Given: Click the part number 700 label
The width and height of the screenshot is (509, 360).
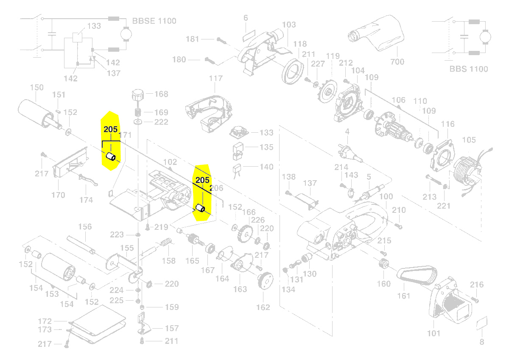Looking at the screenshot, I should point(397,62).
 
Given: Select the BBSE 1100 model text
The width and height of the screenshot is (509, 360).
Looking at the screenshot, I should point(154,21).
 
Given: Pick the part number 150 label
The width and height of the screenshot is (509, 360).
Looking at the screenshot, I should point(36,88).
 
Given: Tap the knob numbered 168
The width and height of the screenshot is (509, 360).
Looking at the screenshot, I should point(137,95).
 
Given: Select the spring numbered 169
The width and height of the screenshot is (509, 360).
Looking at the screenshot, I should point(137,113).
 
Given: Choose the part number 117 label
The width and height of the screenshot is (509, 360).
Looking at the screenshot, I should point(215,78).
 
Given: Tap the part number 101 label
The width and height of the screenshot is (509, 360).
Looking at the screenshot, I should point(433,333).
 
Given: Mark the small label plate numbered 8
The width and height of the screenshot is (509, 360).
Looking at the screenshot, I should point(481,324).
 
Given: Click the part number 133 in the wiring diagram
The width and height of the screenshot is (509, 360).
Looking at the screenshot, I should point(94,26).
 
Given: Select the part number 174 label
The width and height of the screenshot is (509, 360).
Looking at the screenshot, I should point(86,200).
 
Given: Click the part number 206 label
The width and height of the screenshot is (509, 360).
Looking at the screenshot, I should point(216,187).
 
